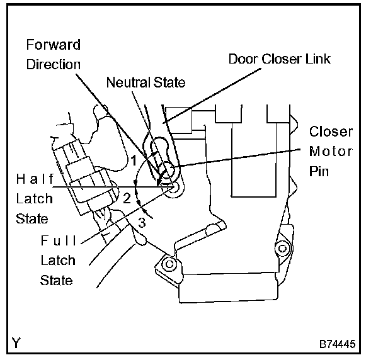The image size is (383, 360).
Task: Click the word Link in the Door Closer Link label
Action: point(316,59)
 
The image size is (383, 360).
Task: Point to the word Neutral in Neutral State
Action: point(127,82)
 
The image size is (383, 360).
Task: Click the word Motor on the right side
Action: point(331,152)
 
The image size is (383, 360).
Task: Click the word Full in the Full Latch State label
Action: point(58,240)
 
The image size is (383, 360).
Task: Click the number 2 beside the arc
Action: point(127,198)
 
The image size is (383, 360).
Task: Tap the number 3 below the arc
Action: point(142,222)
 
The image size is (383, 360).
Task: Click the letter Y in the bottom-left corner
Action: point(15,343)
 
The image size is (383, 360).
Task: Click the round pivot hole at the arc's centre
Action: point(174,188)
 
